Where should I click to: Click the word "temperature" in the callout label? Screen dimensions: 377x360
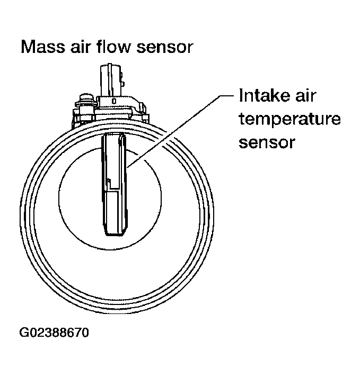[x=289, y=120]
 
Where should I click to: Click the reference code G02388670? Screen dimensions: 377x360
[x=54, y=334]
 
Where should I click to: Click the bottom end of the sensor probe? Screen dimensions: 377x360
[x=116, y=234]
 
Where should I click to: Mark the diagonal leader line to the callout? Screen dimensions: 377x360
[x=180, y=129]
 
